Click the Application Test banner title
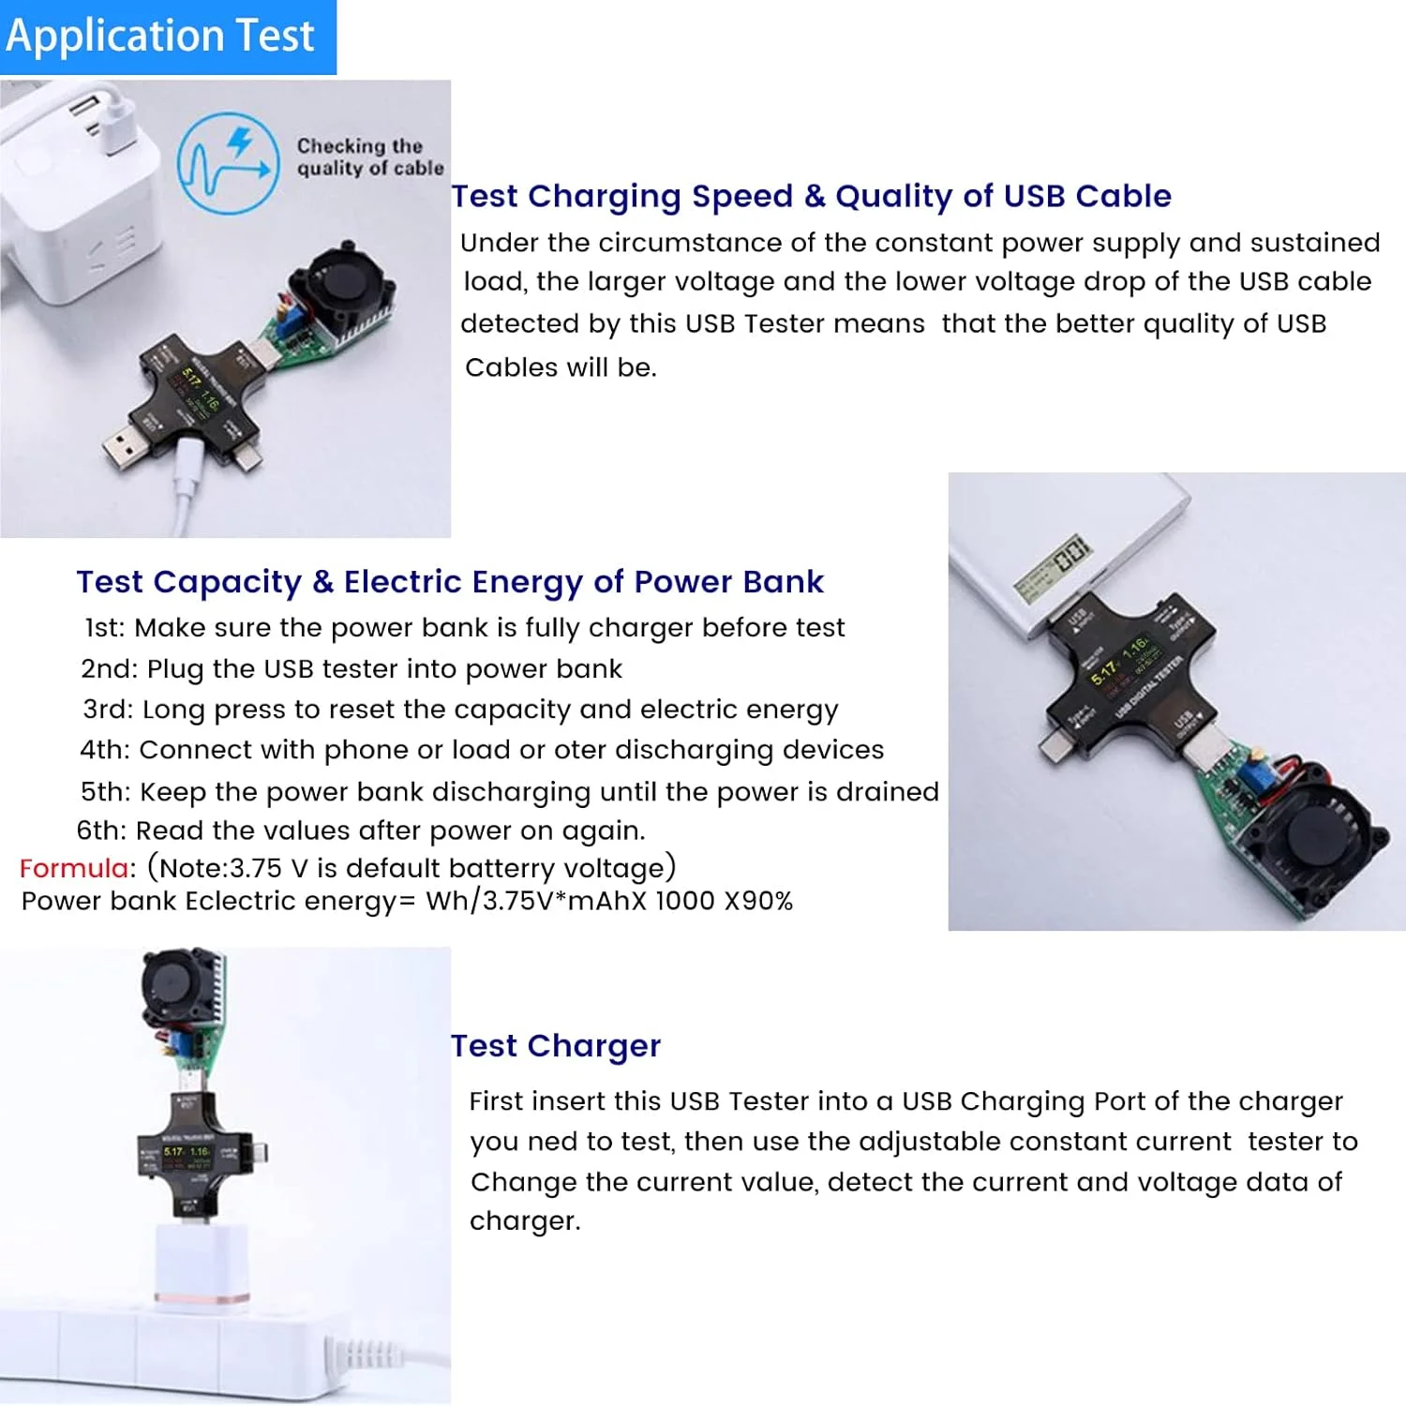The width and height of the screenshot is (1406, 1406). (160, 36)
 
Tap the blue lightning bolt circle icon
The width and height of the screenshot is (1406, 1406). (229, 163)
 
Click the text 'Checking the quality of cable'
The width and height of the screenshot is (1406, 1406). (369, 157)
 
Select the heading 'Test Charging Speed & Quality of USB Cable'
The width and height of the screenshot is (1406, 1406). (811, 196)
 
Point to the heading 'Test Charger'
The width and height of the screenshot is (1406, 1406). (556, 1045)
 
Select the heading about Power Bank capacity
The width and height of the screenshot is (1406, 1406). (450, 581)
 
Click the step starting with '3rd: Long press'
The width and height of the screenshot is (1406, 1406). (460, 710)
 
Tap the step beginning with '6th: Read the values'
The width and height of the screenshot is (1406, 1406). (361, 830)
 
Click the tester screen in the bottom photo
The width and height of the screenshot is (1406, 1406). (187, 1152)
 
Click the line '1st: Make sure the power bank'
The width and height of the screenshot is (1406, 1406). (465, 627)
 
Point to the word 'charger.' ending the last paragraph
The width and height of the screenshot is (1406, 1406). (525, 1221)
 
